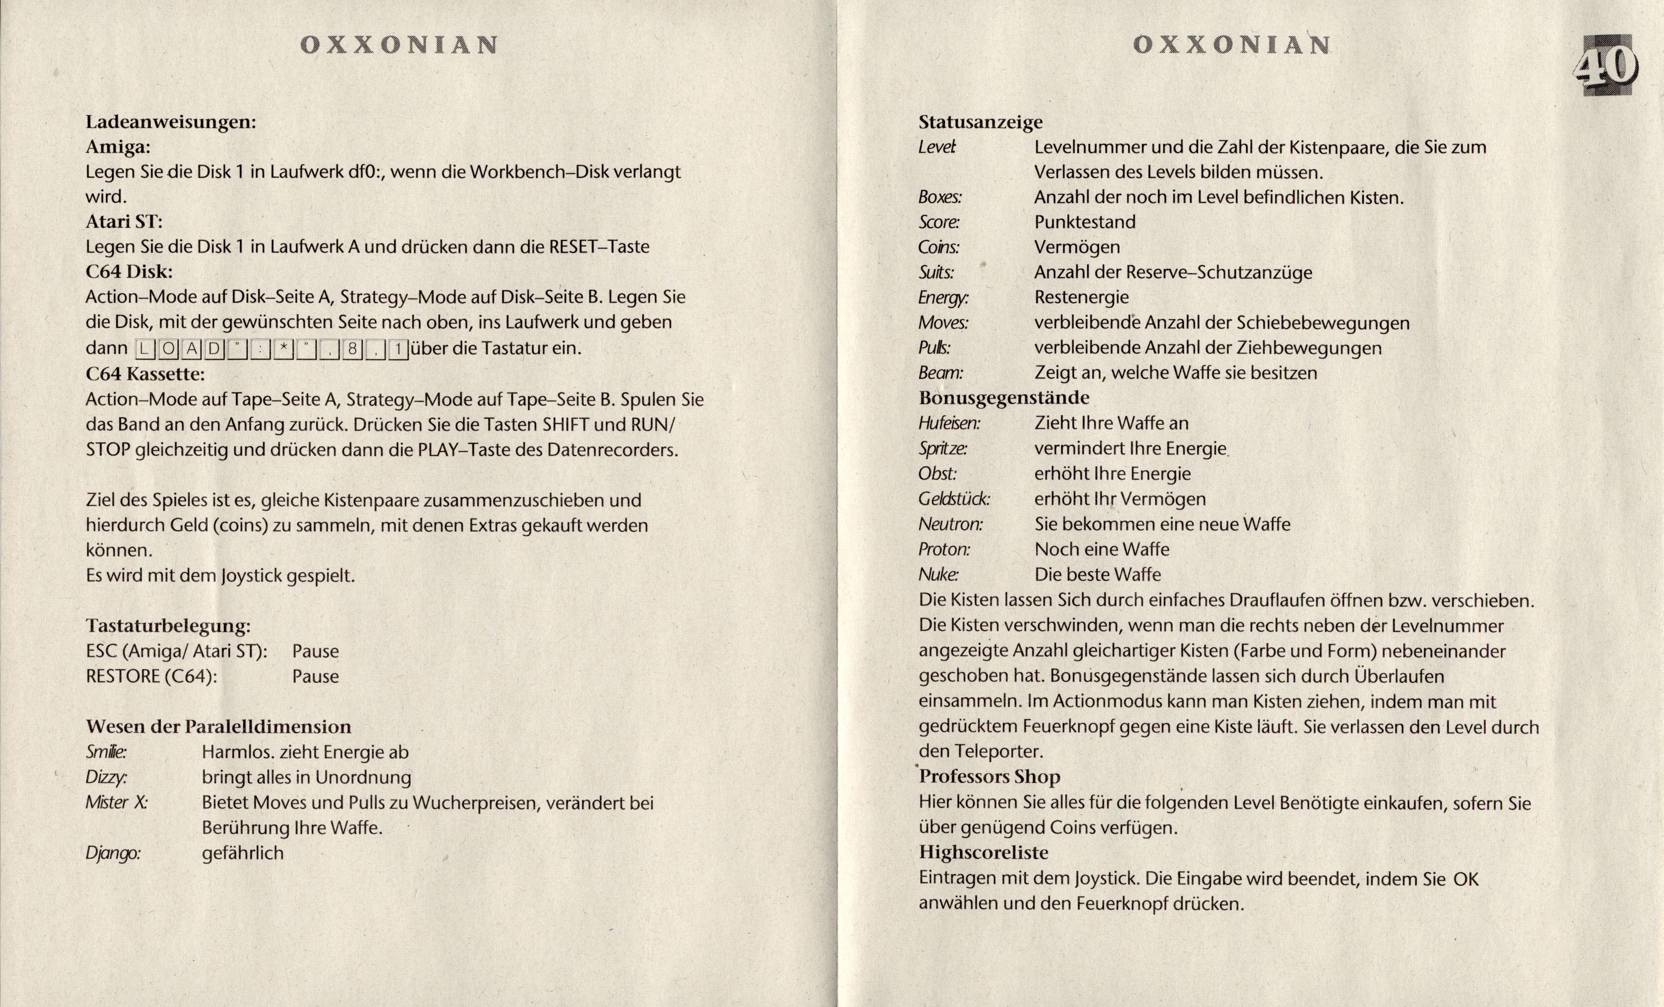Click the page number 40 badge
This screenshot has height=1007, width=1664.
coord(1608,68)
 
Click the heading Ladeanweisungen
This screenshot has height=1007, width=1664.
coord(170,122)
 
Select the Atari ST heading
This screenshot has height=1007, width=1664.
coord(124,221)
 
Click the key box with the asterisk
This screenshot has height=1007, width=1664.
coord(283,349)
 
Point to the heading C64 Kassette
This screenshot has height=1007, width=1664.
coord(145,373)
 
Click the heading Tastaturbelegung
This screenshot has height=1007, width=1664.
coord(168,626)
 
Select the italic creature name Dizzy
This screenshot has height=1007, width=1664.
coord(105,778)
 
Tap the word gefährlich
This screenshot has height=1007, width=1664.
coord(243,853)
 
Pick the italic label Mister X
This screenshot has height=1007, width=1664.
coord(116,802)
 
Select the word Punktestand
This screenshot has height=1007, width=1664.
coord(1084,222)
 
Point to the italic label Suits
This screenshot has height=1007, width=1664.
coord(936,273)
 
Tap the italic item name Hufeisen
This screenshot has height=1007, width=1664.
coord(949,423)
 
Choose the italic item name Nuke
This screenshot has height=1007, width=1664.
coord(938,574)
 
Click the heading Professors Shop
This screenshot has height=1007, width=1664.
coord(989,776)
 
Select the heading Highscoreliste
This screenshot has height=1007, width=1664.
coord(983,852)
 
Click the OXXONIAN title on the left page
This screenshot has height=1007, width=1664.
coord(399,45)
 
